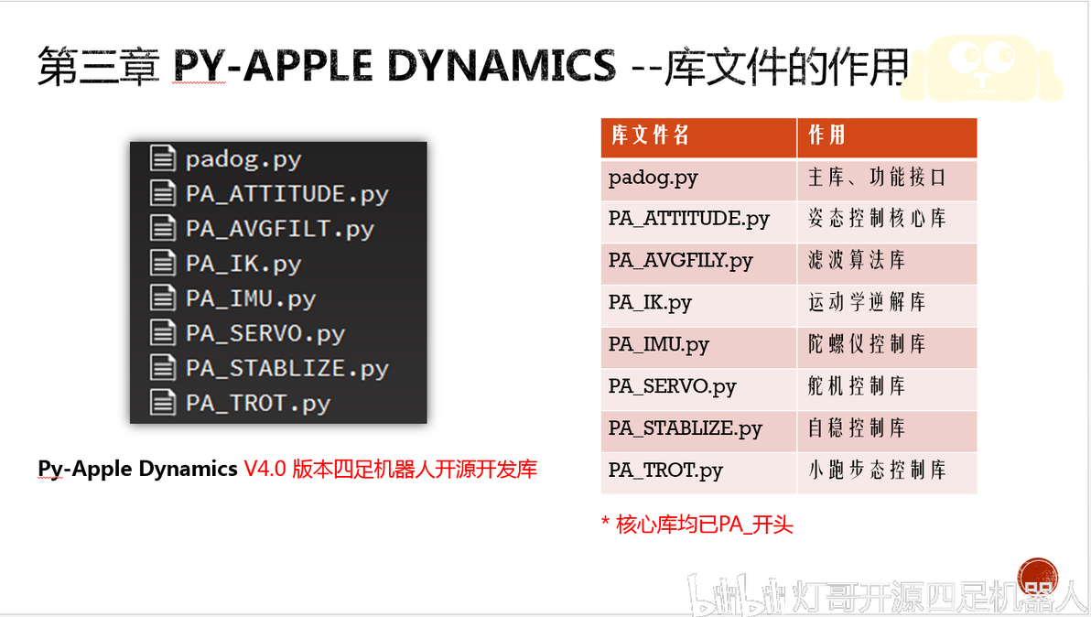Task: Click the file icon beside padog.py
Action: coord(163,157)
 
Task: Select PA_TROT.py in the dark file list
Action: coord(257,404)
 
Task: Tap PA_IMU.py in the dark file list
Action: coord(251,299)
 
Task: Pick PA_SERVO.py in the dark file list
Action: coord(265,334)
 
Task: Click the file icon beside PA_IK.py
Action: coord(163,263)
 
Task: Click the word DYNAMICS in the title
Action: coord(501,65)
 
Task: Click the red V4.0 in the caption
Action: coord(265,469)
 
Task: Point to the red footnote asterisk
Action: coord(605,522)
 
